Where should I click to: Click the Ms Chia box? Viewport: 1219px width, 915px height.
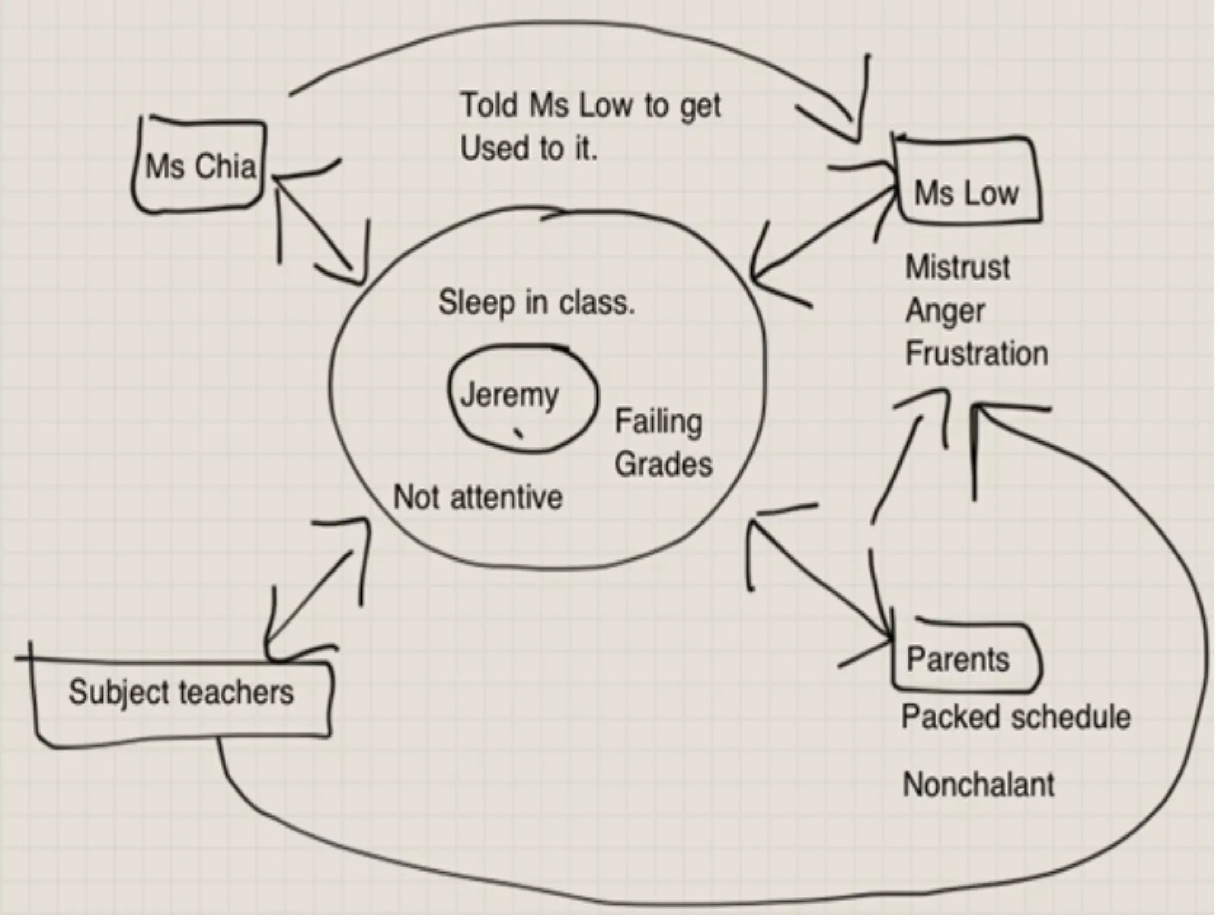coord(199,166)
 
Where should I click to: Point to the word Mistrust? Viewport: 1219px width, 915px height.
coord(957,267)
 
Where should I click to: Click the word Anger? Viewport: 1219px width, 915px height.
coord(945,310)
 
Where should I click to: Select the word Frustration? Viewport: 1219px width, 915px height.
coord(976,354)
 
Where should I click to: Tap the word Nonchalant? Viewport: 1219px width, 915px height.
coord(978,785)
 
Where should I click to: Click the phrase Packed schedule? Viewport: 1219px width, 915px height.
coord(1015,717)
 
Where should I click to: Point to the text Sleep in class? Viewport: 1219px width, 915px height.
coord(536,303)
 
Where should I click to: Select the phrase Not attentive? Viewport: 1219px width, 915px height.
coord(477,497)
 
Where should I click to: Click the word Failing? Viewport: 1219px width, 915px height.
coord(658,422)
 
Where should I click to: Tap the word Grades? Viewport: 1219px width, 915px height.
coord(663,465)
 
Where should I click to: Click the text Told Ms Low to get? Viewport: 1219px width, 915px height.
coord(590,106)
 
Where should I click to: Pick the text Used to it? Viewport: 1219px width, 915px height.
coord(529,148)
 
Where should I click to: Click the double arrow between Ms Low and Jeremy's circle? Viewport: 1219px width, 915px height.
coord(824,232)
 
